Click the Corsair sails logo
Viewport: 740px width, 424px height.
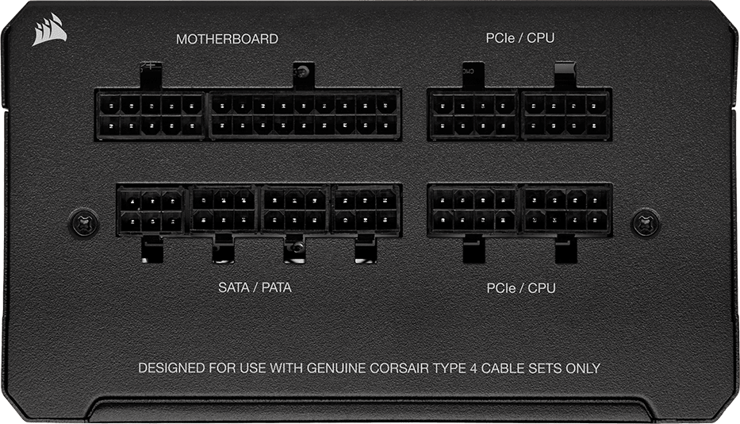point(48,30)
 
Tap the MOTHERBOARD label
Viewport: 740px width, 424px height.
point(227,39)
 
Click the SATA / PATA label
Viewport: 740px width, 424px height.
point(255,287)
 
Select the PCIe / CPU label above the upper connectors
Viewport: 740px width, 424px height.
point(520,38)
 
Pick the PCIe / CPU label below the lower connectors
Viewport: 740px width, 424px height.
point(521,288)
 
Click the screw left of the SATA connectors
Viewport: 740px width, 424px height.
point(84,222)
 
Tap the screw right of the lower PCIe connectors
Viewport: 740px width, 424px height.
point(646,222)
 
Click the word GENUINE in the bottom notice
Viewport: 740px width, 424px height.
point(336,368)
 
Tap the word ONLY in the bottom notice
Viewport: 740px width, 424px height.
point(583,368)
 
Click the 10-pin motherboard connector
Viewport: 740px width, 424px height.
point(151,115)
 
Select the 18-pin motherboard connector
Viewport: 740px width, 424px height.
point(305,115)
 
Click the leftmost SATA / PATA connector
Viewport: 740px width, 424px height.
point(151,210)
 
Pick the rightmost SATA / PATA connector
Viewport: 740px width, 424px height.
point(366,210)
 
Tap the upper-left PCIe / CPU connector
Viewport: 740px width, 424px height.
point(473,115)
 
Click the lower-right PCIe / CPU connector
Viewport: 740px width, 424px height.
point(566,210)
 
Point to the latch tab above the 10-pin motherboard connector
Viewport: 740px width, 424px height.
point(151,75)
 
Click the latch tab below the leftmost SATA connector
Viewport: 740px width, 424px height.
point(152,249)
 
